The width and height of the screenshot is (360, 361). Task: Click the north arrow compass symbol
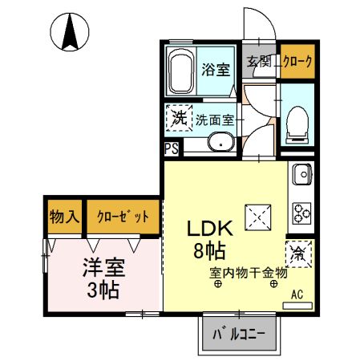click(70, 32)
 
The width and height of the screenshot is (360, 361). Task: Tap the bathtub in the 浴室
click(181, 71)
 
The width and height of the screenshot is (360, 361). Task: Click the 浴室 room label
click(216, 69)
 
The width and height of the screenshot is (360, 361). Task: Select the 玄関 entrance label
click(258, 62)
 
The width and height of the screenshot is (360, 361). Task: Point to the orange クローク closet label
click(297, 62)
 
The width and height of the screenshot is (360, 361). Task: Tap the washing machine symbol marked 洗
click(179, 118)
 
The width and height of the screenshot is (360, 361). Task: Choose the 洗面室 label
click(215, 120)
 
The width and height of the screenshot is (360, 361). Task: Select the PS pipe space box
click(172, 148)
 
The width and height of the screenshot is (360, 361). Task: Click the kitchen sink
click(302, 174)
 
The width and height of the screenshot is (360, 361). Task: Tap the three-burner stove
click(302, 213)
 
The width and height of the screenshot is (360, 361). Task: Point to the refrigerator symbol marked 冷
click(298, 254)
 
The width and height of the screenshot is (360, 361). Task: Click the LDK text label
click(209, 229)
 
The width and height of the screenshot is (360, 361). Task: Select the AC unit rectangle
click(297, 306)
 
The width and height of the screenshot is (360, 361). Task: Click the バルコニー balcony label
click(239, 334)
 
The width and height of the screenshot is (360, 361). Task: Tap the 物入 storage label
click(64, 217)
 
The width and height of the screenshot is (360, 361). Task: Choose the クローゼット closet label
click(123, 216)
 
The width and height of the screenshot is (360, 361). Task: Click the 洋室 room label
click(103, 268)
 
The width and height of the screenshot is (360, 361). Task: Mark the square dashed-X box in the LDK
click(258, 217)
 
